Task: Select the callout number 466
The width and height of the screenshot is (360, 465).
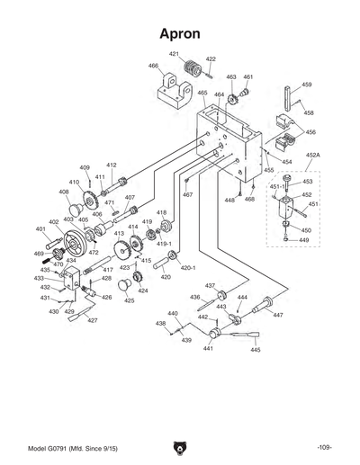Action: tap(154, 66)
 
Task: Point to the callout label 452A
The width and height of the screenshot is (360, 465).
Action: tap(313, 156)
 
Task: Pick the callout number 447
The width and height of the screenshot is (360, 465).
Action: tap(278, 316)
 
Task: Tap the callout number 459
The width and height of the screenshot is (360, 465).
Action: tap(307, 85)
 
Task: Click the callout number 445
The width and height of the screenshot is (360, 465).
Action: tap(256, 349)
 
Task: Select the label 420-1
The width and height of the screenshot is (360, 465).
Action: tap(188, 268)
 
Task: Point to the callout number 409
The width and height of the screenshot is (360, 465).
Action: tap(85, 167)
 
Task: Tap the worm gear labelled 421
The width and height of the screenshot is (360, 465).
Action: tap(189, 70)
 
